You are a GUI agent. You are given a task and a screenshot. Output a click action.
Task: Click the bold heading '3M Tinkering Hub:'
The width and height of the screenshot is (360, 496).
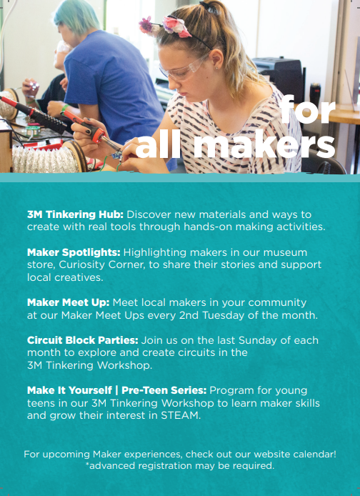coord(75,215)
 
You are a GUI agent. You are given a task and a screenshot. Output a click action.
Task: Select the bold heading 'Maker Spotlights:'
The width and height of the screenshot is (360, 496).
coord(74,252)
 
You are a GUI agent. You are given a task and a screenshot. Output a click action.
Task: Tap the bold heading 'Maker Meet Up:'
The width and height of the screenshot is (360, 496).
coord(69,303)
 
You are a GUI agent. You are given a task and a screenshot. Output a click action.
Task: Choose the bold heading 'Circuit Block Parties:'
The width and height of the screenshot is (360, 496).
coord(82,340)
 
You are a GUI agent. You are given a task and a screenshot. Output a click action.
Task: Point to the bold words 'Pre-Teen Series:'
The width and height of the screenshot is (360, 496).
coord(164,390)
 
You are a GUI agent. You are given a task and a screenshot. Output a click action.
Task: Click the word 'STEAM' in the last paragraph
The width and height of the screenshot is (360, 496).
coord(181,415)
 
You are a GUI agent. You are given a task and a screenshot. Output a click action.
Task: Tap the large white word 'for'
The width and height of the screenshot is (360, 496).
coord(307,109)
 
